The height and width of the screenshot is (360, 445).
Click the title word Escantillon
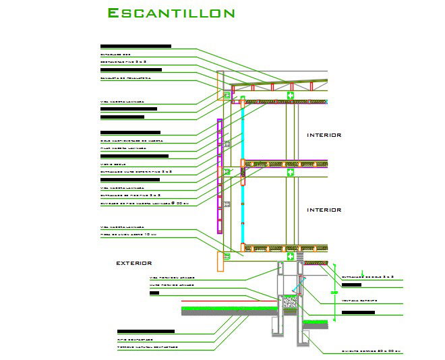pyautogui.click(x=171, y=13)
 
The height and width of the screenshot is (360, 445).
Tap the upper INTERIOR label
pyautogui.click(x=324, y=135)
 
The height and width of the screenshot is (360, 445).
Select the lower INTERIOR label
pyautogui.click(x=324, y=210)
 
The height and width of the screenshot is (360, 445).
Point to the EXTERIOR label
pyautogui.click(x=133, y=263)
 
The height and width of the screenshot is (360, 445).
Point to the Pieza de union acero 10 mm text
pyautogui.click(x=128, y=235)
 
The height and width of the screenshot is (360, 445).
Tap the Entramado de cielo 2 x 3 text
pyautogui.click(x=368, y=277)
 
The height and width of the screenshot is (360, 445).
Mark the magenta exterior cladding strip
pyautogui.click(x=219, y=175)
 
